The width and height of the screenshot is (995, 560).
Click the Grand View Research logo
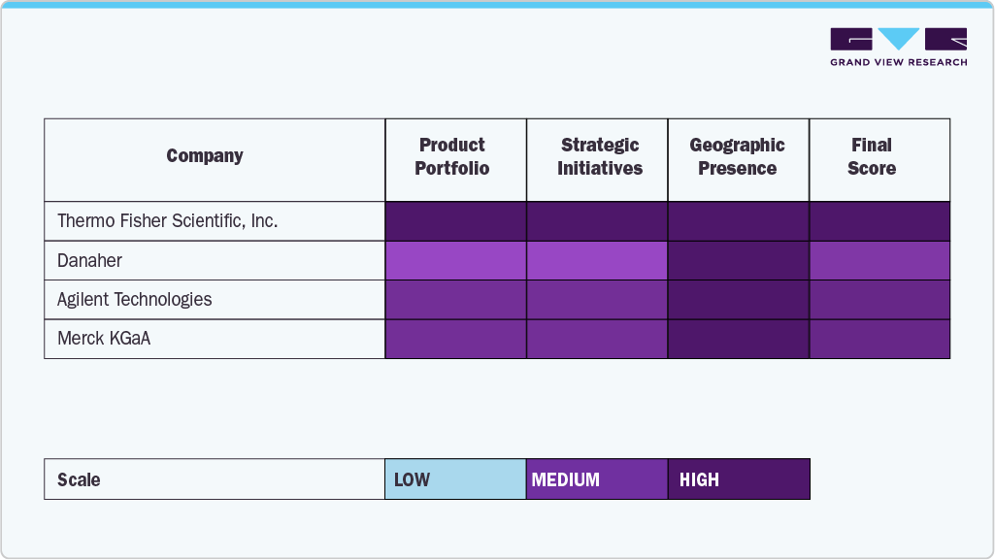click(898, 47)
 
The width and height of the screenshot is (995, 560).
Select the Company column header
click(205, 156)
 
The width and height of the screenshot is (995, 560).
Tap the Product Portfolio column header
click(452, 156)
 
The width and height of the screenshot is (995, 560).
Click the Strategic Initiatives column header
click(600, 156)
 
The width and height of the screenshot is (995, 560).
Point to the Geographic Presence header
click(738, 156)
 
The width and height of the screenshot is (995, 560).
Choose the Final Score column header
click(872, 156)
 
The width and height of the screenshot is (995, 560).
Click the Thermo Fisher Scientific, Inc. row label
click(168, 221)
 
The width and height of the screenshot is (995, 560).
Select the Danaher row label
click(89, 261)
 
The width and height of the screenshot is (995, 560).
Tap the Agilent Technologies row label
click(135, 300)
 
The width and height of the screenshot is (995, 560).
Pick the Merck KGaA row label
click(104, 339)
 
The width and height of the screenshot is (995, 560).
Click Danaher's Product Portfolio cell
click(456, 261)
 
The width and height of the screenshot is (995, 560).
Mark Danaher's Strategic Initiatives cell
click(597, 261)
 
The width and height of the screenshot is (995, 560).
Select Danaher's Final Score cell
click(879, 261)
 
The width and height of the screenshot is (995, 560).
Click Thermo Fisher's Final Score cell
click(879, 221)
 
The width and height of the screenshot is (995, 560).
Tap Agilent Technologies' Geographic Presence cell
click(739, 300)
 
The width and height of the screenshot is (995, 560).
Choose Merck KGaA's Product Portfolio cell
click(456, 339)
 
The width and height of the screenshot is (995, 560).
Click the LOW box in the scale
click(455, 479)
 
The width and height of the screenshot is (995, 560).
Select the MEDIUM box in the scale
click(597, 479)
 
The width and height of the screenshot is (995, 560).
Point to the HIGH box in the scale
click(739, 479)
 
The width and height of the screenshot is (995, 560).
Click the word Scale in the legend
click(79, 480)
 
